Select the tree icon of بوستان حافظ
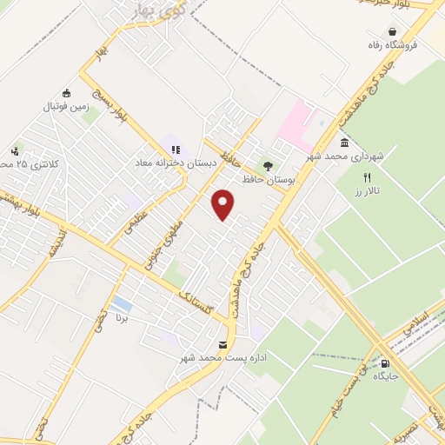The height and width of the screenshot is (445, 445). click(x=268, y=165)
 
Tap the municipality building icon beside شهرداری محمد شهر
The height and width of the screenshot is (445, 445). click(x=345, y=143)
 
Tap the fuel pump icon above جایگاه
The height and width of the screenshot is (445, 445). click(x=385, y=363)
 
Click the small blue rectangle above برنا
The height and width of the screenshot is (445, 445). click(x=123, y=305)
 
